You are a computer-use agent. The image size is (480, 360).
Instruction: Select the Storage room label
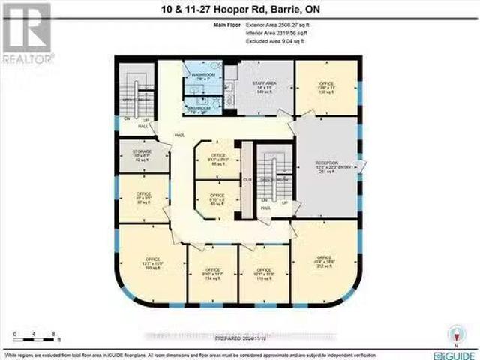[142, 155]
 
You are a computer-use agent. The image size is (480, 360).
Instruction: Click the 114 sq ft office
[212, 274]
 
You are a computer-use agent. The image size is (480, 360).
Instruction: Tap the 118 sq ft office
[263, 274]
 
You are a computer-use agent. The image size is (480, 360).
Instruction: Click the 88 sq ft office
[219, 159]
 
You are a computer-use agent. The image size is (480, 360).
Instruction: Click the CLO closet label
[247, 180]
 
